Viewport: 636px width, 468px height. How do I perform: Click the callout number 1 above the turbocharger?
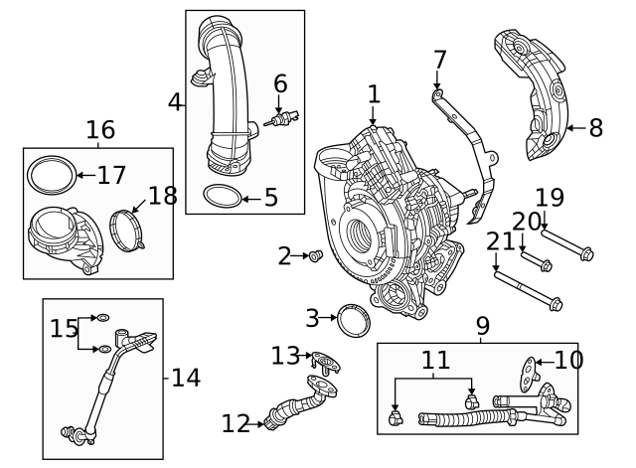click(x=374, y=94)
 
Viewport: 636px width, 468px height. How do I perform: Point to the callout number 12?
click(x=236, y=424)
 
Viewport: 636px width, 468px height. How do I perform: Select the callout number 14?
click(x=186, y=378)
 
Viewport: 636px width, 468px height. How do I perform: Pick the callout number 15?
click(x=65, y=328)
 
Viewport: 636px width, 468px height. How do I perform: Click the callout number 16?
click(x=100, y=129)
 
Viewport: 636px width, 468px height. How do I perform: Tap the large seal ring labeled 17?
click(x=50, y=176)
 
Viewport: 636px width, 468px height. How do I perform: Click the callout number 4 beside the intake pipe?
click(x=175, y=101)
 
